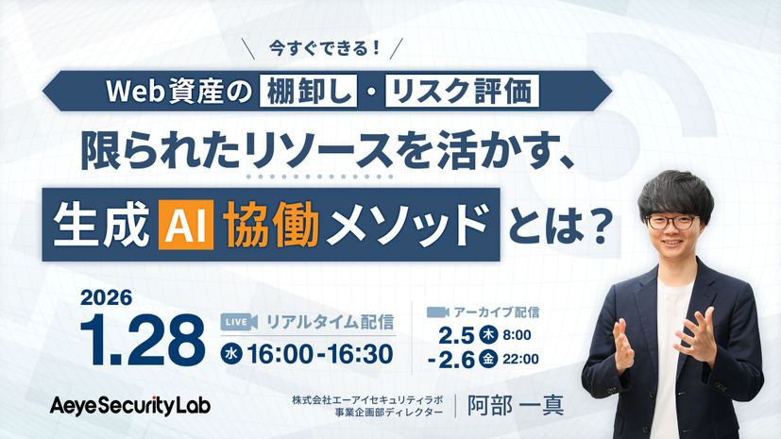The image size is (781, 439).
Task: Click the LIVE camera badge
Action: tap(239, 322)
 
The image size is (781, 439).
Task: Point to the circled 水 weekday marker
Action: tap(229, 355)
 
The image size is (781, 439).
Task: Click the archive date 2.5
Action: tap(457, 334)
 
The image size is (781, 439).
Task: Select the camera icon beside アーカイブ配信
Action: tap(437, 311)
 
